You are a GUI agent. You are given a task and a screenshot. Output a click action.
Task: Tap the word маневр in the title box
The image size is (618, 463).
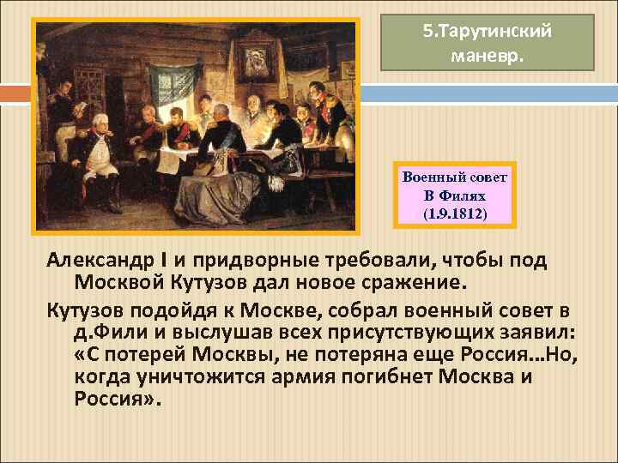pos(486,57)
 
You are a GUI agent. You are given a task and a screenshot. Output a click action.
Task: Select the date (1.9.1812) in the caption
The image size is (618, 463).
pos(455,209)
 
